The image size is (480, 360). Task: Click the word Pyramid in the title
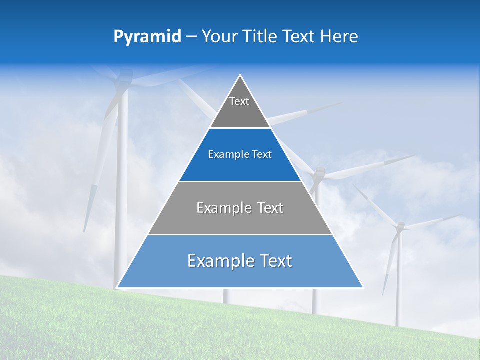pyautogui.click(x=147, y=37)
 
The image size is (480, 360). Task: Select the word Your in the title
pyautogui.click(x=218, y=37)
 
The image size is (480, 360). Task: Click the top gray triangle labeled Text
pyautogui.click(x=239, y=107)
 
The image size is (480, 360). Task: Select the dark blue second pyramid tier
pyautogui.click(x=240, y=162)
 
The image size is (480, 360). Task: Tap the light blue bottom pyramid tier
pyautogui.click(x=240, y=270)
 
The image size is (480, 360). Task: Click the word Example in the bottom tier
pyautogui.click(x=219, y=261)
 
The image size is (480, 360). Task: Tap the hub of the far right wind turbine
pyautogui.click(x=400, y=227)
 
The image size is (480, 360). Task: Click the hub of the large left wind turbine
pyautogui.click(x=123, y=82)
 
